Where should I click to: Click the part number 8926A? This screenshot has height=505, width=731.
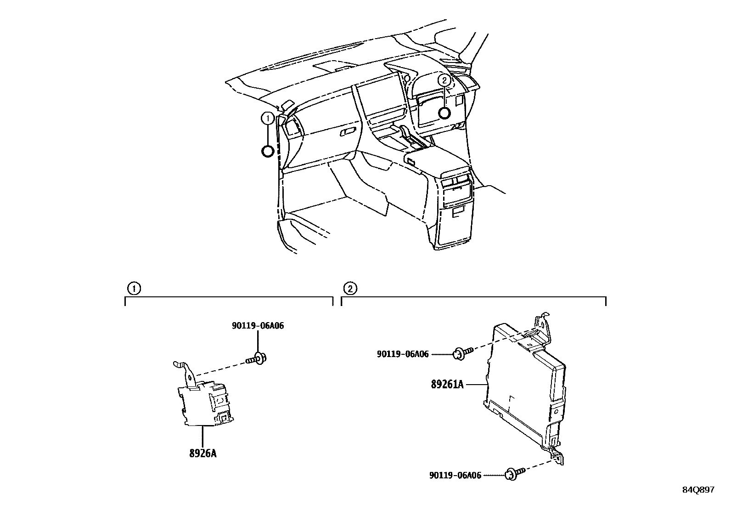[x=202, y=453]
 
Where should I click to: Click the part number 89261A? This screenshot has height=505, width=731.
[x=447, y=384]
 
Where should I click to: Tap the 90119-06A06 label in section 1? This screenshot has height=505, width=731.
[x=257, y=326]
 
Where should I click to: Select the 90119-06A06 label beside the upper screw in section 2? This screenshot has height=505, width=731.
[x=403, y=354]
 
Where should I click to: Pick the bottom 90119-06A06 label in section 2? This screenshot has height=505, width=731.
[x=455, y=476]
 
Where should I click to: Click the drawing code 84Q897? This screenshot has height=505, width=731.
[x=697, y=490]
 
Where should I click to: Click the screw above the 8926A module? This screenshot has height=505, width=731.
[x=259, y=358]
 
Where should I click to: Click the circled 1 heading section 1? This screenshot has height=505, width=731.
[x=133, y=289]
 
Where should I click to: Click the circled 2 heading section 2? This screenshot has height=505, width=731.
[x=350, y=289]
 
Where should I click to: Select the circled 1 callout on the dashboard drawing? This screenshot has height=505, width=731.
[x=267, y=119]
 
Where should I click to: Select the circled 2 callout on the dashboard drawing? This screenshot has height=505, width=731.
[x=444, y=80]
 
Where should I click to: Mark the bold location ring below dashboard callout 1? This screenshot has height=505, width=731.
[x=267, y=151]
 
